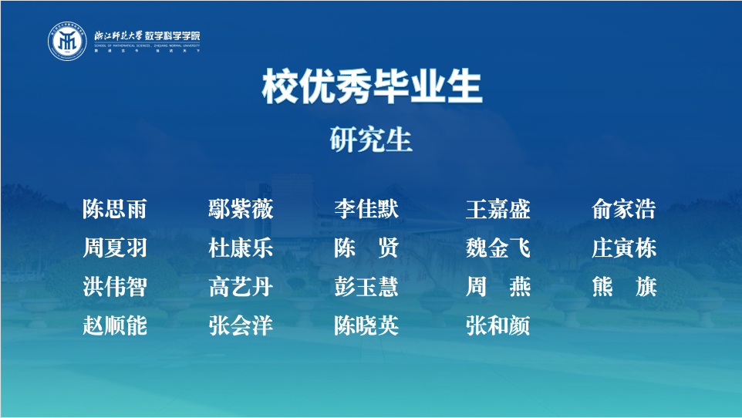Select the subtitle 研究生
click(371, 140)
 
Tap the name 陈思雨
click(115, 209)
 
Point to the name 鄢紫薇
click(241, 209)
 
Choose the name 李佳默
click(366, 209)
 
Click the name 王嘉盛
click(497, 209)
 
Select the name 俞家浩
click(624, 209)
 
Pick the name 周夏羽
click(115, 248)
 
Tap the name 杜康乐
click(241, 248)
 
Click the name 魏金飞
click(497, 248)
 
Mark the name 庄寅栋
click(624, 248)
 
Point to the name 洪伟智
click(115, 288)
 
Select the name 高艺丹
click(241, 288)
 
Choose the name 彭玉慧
click(366, 288)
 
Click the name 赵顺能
click(115, 326)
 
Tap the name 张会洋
click(241, 326)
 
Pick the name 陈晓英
click(366, 326)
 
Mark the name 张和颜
click(497, 326)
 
